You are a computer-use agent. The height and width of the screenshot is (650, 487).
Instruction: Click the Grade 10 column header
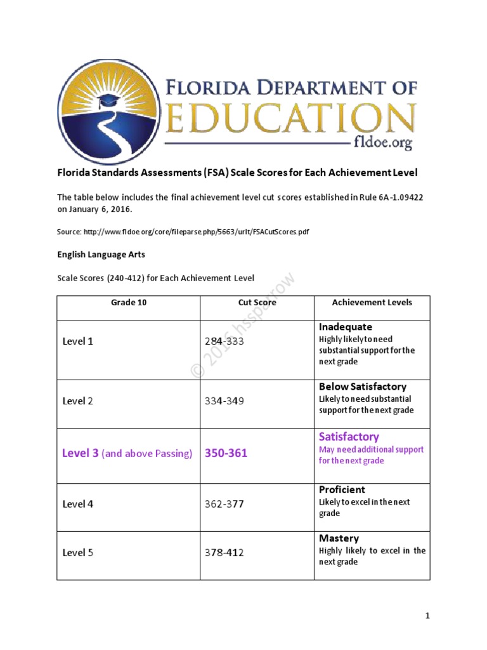coord(129,303)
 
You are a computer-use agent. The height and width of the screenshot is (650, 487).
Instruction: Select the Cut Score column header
coord(257,303)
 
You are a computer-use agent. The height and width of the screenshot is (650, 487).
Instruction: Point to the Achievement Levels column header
coord(372,303)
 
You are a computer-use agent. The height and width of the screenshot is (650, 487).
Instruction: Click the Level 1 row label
coord(78,341)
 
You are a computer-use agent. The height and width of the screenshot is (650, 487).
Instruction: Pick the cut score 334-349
coord(224,401)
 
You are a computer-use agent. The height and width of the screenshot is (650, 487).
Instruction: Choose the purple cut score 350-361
coord(226,453)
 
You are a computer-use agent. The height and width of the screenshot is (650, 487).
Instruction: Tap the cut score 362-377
coord(224,504)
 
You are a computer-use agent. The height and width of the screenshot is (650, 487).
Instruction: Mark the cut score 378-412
coord(224,553)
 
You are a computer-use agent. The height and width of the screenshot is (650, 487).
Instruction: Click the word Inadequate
coord(346,327)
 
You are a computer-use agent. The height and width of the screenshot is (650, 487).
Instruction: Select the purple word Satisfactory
coord(349,437)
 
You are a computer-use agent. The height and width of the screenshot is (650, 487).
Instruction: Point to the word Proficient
coord(342,490)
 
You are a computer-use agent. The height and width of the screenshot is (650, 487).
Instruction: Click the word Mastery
coord(339,538)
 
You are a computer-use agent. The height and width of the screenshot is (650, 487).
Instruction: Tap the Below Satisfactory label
coord(363,387)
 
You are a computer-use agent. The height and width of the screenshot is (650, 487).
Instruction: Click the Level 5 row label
coord(78,553)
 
